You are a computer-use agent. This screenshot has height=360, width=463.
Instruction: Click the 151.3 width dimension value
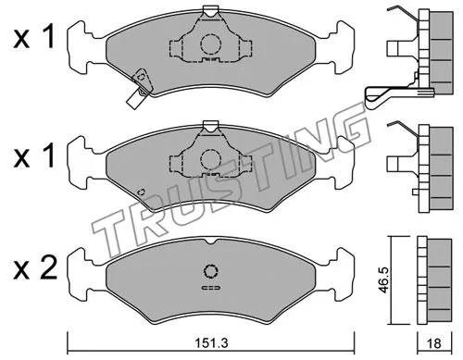pos(212,342)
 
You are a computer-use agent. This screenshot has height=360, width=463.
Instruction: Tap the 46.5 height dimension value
pos(383,280)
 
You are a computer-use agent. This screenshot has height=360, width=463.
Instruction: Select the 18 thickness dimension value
pos(434,343)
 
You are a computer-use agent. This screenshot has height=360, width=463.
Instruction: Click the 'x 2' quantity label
pos(35,268)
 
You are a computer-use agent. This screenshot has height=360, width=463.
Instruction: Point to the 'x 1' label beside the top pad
pos(34,37)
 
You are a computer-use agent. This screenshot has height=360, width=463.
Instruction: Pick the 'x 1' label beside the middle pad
pos(34,156)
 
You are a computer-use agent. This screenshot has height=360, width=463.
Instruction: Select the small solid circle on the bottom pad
pos(211,271)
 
